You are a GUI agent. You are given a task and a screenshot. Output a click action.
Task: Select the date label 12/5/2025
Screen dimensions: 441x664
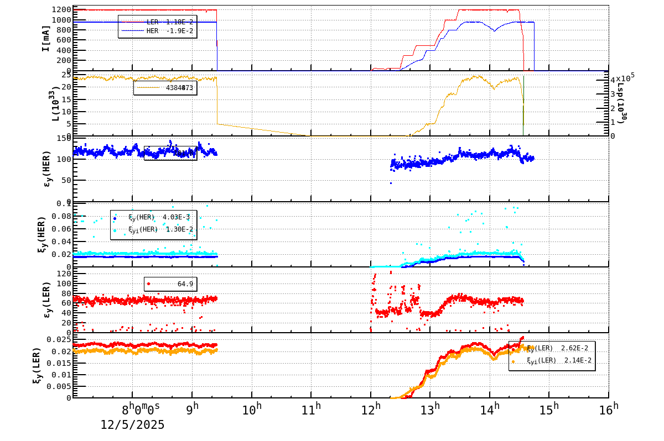tap(132, 425)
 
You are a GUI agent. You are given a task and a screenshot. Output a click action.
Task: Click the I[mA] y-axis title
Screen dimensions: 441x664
tap(46, 38)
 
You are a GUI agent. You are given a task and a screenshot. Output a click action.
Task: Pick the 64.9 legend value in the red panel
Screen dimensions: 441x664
tap(185, 284)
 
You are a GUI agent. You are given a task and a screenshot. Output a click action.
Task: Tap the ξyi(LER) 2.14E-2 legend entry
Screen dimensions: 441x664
tap(553, 360)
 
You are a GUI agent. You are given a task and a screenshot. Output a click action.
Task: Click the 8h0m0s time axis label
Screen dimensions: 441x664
tap(141, 410)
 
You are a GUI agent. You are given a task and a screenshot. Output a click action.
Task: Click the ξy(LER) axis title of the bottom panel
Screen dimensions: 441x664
tap(37, 365)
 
